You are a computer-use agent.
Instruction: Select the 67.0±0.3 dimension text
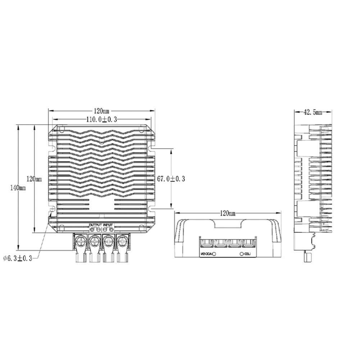(171, 179)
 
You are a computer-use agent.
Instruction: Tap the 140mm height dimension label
(18, 188)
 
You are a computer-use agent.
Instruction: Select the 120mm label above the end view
(227, 213)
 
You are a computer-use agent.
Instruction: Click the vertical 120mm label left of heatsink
(35, 179)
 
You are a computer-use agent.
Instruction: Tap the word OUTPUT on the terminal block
(95, 225)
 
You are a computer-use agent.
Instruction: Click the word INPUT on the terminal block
(108, 225)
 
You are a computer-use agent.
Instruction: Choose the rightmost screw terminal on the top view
(122, 240)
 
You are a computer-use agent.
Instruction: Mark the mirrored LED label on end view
(247, 254)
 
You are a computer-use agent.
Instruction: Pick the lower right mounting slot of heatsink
(153, 209)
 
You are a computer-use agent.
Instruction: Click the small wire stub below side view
(308, 257)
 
